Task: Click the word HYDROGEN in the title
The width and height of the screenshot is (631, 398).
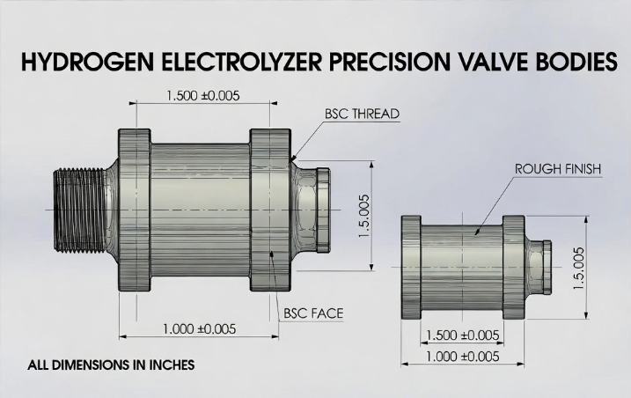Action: (x=77, y=63)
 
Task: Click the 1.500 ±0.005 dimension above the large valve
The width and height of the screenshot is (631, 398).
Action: (x=202, y=95)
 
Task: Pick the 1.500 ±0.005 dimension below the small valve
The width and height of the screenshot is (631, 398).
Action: (x=462, y=335)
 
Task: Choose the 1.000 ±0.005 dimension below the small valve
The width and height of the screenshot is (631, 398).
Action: (x=462, y=356)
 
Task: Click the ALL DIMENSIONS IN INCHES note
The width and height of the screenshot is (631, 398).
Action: (x=110, y=364)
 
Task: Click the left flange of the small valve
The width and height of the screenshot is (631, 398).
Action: (x=415, y=269)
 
